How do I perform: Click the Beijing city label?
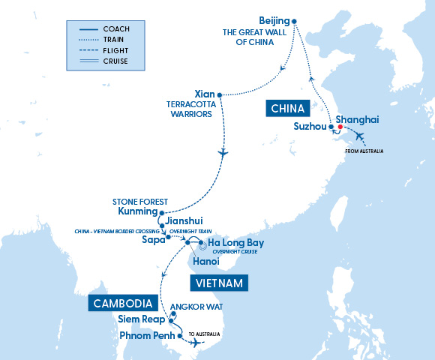tap(273, 19)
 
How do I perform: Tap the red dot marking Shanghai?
tap(340, 127)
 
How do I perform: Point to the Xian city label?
tap(203, 94)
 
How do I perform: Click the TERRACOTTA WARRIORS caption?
tap(190, 110)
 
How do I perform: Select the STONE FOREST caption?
tap(139, 202)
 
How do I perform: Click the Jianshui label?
tap(187, 223)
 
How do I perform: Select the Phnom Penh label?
tap(146, 335)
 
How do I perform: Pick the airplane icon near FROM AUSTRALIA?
tap(359, 137)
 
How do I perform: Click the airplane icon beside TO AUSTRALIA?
tap(196, 343)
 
